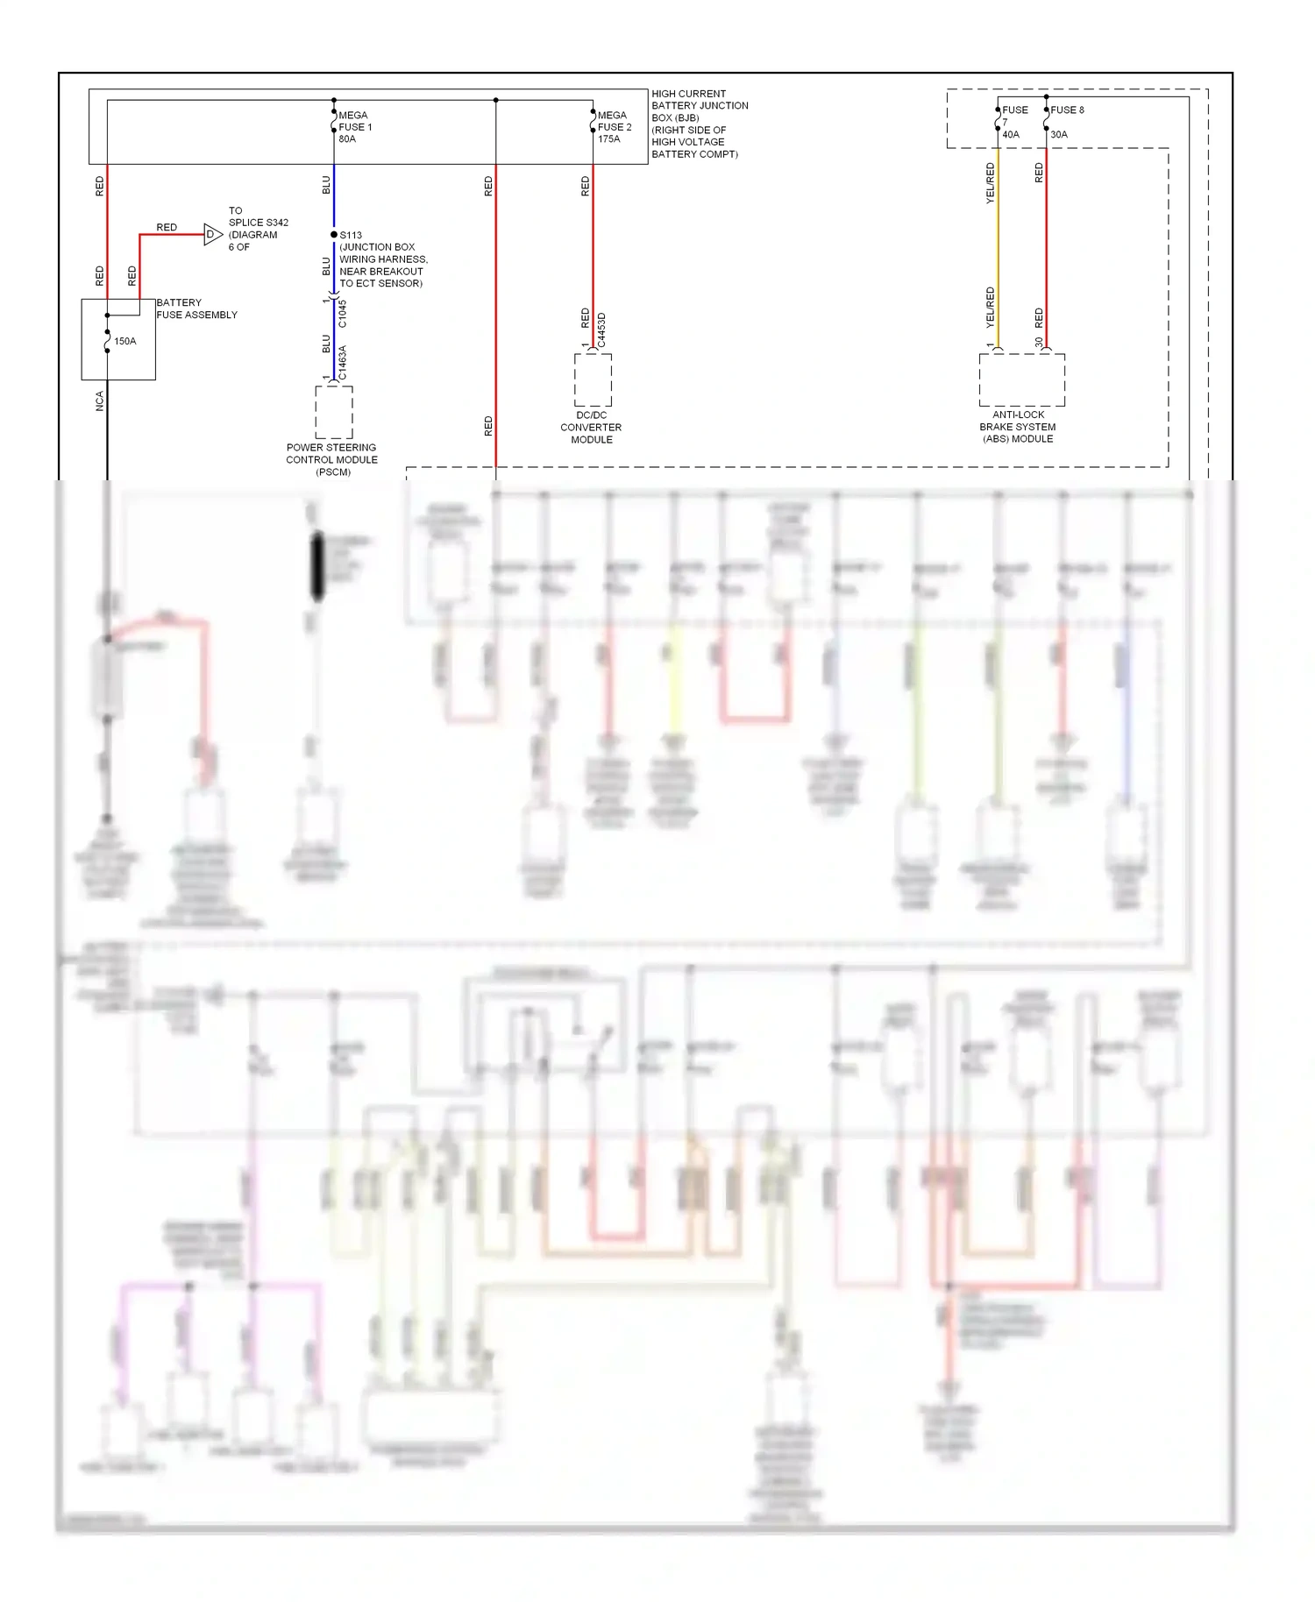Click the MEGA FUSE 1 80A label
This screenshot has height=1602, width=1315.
click(354, 127)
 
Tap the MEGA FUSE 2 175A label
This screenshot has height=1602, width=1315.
click(614, 127)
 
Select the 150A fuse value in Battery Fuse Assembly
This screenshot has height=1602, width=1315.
click(125, 341)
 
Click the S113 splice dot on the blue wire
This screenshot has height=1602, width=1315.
click(334, 235)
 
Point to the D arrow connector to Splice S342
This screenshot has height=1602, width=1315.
click(212, 235)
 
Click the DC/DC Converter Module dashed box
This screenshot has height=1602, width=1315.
click(593, 380)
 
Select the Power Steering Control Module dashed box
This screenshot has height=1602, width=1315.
click(334, 412)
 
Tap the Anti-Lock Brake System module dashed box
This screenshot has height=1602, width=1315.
click(1021, 380)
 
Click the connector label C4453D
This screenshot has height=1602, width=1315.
click(601, 330)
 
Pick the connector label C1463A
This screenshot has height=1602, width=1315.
click(343, 363)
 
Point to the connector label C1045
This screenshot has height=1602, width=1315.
click(343, 314)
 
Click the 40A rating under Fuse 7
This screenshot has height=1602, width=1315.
click(1011, 135)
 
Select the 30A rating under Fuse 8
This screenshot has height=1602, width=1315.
click(1059, 135)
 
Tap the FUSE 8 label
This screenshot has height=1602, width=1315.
click(1067, 110)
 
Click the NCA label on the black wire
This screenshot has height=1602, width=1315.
click(99, 401)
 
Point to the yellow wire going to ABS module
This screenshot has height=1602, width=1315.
click(998, 254)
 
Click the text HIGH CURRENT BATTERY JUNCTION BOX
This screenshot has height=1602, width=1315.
click(699, 105)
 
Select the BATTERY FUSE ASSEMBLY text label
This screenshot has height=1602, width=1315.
click(196, 308)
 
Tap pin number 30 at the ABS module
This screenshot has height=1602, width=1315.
click(1039, 343)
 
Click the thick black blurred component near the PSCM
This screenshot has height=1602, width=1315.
click(318, 566)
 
